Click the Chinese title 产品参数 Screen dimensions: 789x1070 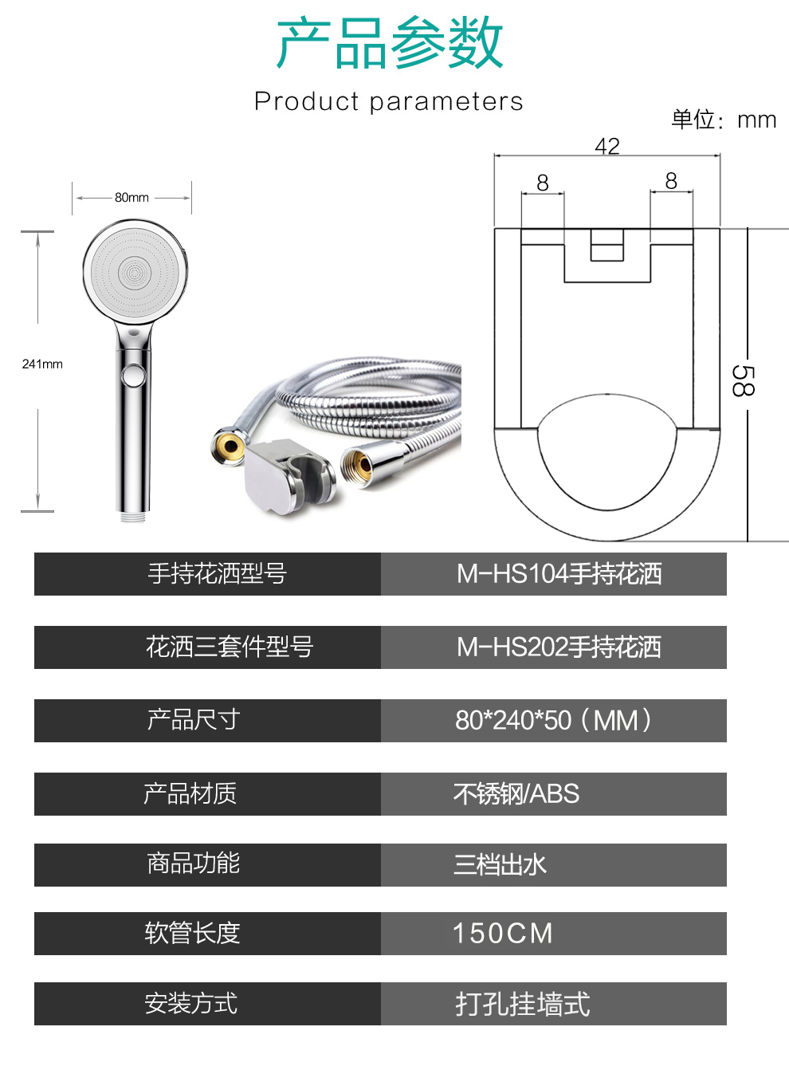(389, 42)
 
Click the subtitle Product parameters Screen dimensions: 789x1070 (389, 101)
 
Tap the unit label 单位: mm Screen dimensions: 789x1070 (724, 120)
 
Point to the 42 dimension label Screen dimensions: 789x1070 (607, 145)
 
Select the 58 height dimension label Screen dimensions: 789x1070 (743, 380)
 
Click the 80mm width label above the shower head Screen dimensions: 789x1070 (131, 197)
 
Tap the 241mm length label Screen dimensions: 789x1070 (42, 364)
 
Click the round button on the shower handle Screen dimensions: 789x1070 (134, 375)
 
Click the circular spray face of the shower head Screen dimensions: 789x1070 (135, 273)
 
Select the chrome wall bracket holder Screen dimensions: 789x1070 (289, 476)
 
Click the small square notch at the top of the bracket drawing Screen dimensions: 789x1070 (606, 245)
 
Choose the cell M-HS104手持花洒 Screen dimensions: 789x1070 (559, 574)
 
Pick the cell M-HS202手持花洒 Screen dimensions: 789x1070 (559, 647)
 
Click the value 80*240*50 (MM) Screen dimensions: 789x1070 (553, 720)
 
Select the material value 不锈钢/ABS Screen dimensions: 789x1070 (516, 794)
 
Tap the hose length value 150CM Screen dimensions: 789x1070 (502, 934)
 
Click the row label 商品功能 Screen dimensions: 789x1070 (194, 863)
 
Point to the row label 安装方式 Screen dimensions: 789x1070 (191, 1003)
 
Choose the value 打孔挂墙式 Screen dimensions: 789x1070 (523, 1004)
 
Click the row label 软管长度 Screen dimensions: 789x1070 (192, 934)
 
